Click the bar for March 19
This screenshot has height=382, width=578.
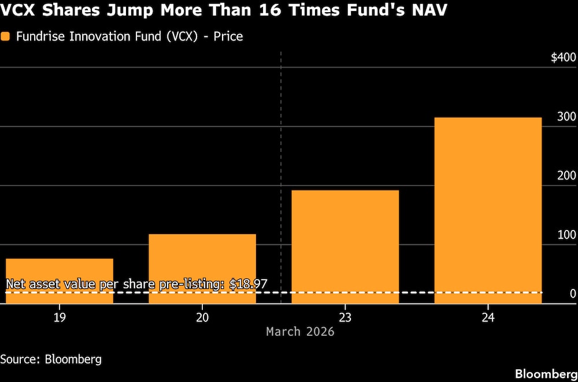point(59,280)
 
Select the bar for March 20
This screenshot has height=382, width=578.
point(202,268)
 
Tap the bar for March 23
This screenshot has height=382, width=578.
point(345,246)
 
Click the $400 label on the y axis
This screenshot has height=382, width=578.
point(563,58)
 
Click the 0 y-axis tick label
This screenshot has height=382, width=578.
point(573,294)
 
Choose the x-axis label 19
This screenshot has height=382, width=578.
point(59,317)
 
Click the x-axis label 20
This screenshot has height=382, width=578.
point(202,317)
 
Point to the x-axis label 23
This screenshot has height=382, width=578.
point(345,317)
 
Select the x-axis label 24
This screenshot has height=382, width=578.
point(488,317)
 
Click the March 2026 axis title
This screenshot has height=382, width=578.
point(300,332)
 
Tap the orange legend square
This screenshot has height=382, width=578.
point(6,36)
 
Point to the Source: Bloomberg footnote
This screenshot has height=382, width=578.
point(51,359)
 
